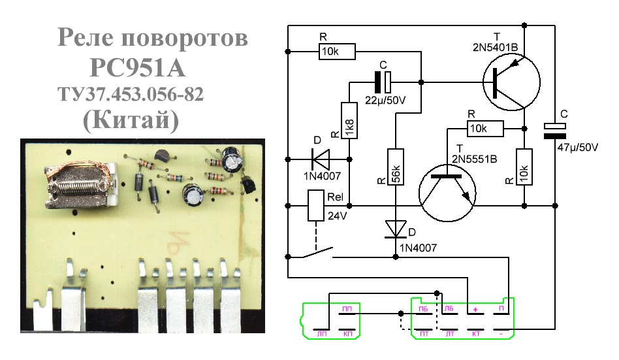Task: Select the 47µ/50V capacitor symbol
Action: click(554, 131)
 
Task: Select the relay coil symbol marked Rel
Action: click(316, 205)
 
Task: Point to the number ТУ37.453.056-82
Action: click(131, 95)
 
